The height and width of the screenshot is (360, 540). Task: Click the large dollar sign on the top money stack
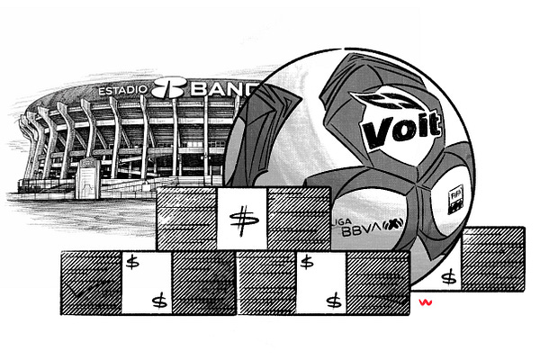tap(240, 220)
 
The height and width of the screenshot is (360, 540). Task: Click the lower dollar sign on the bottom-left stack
tap(160, 299)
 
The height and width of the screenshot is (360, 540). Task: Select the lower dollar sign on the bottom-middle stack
tap(333, 299)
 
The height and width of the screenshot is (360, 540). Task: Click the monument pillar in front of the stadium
tap(87, 184)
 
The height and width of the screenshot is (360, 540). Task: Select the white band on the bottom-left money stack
tap(147, 282)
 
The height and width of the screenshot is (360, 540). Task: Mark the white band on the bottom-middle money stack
tap(320, 282)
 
